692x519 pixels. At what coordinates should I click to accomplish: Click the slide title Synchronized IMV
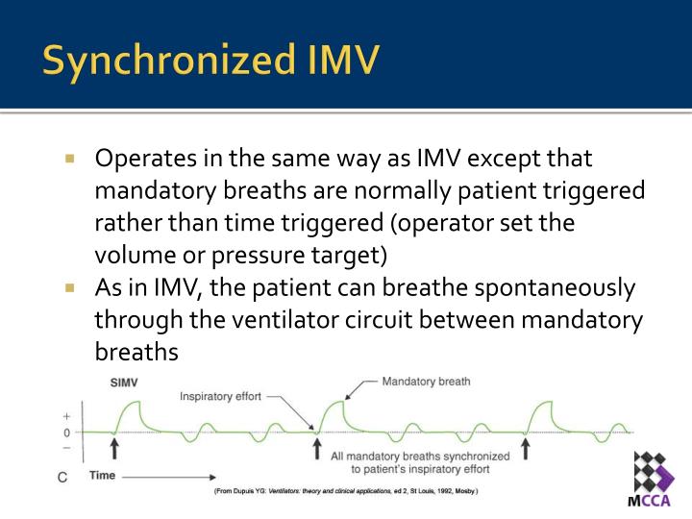(x=210, y=60)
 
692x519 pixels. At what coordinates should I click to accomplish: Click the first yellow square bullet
(x=70, y=158)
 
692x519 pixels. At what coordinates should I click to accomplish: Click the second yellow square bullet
(x=70, y=287)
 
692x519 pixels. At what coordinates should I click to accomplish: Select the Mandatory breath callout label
(x=426, y=382)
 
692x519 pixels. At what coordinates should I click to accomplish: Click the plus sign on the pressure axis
(x=66, y=417)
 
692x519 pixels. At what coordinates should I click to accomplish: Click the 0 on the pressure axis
(x=66, y=432)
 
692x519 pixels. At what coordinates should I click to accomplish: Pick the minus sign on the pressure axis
(x=66, y=447)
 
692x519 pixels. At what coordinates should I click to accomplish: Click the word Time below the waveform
(x=103, y=475)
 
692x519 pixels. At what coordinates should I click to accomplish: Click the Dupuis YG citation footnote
(x=345, y=492)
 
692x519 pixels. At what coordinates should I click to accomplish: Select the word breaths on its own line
(x=136, y=353)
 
